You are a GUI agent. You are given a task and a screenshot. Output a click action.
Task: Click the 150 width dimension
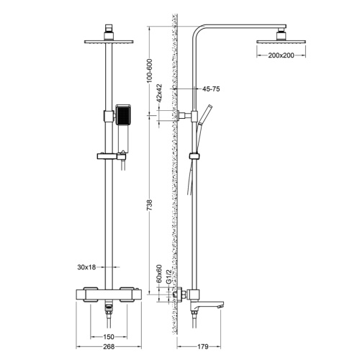tap(108, 336)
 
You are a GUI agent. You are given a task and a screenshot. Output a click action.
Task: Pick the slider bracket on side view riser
tap(192, 156)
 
